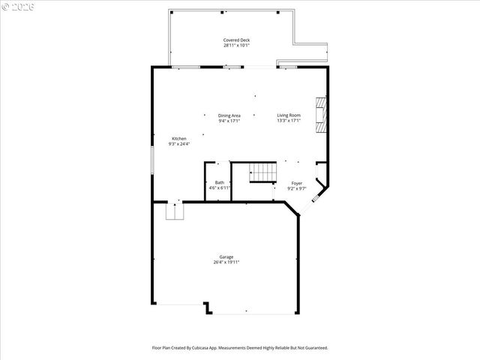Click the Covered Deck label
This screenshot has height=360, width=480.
(x=236, y=40)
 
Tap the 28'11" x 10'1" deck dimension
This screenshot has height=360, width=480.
(x=236, y=45)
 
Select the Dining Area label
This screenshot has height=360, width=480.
(x=229, y=115)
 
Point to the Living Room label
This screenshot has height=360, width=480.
(x=289, y=115)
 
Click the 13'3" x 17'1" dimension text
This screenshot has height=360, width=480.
(x=289, y=121)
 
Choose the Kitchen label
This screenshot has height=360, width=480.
(x=178, y=139)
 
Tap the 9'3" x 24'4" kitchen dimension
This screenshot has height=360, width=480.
(x=178, y=144)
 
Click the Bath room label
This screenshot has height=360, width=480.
(x=219, y=182)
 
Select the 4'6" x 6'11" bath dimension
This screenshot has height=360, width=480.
(x=219, y=187)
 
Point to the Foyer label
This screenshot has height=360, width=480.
(x=296, y=183)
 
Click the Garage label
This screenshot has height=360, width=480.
(x=226, y=257)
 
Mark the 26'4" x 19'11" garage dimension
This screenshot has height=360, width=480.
(x=226, y=262)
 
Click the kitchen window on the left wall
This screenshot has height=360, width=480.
(x=153, y=160)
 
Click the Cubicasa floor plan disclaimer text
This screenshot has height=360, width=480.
(x=239, y=348)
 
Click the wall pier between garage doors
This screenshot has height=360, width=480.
(x=207, y=307)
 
